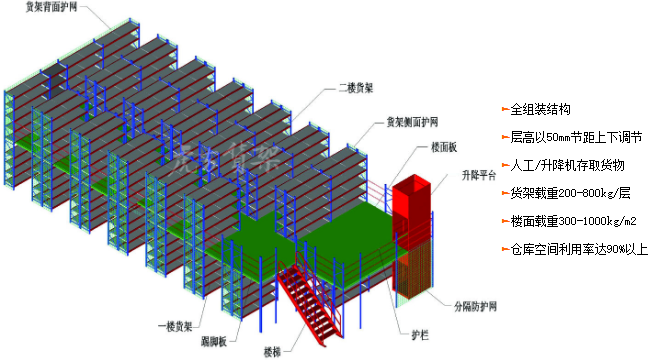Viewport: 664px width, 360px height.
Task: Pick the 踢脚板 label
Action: tap(217, 342)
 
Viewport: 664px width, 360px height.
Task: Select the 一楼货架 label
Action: tap(175, 326)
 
